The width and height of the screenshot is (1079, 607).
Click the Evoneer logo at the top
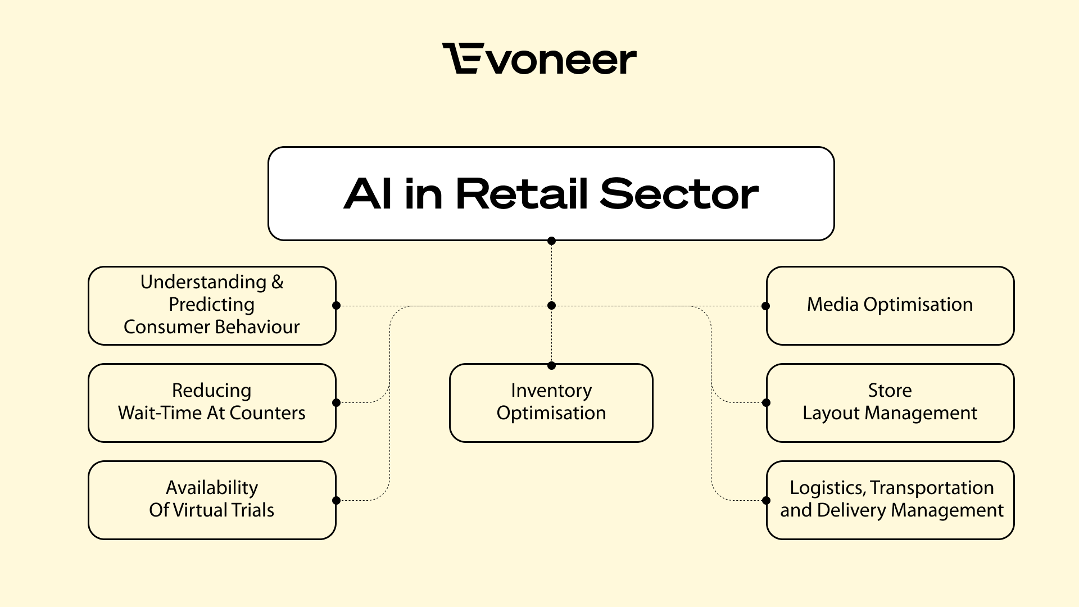pos(539,59)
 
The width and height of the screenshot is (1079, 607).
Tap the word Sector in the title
pos(679,194)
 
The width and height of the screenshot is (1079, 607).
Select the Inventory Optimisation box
pos(551,402)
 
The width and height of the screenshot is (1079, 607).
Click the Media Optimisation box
pos(890,305)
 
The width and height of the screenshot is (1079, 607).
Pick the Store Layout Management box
pos(890,402)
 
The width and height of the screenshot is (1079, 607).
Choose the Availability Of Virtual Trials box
pos(212,500)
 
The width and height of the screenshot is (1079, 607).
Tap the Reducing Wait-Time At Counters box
pos(212,402)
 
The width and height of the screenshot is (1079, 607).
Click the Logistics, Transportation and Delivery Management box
pos(890,500)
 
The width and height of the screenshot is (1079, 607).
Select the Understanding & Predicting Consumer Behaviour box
pos(212,305)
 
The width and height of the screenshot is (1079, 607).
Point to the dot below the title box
pos(551,241)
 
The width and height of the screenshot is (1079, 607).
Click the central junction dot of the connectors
pos(551,306)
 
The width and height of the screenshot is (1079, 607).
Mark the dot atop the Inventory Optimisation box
pos(551,366)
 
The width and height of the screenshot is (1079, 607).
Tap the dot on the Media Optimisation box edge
pos(765,306)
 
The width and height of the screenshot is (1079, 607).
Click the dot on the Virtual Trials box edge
pos(336,500)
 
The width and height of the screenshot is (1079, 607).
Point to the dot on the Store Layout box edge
pos(766,402)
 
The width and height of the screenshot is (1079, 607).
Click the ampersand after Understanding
pos(278,282)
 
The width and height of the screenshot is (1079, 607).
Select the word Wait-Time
pos(160,413)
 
